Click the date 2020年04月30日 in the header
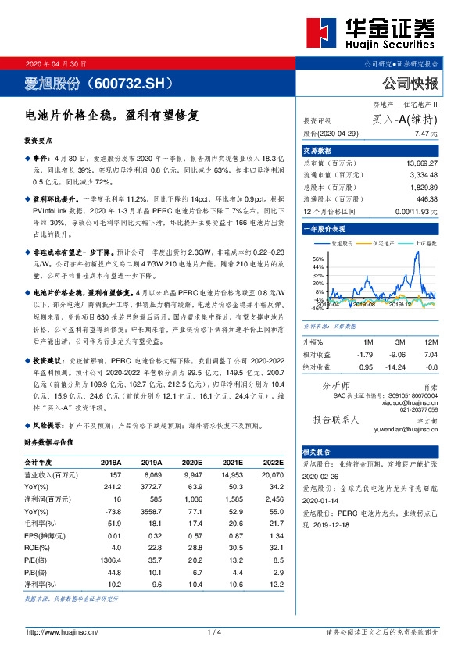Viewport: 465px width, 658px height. click(56, 63)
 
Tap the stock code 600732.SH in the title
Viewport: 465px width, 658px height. click(132, 81)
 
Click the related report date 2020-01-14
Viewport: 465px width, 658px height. click(320, 504)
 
